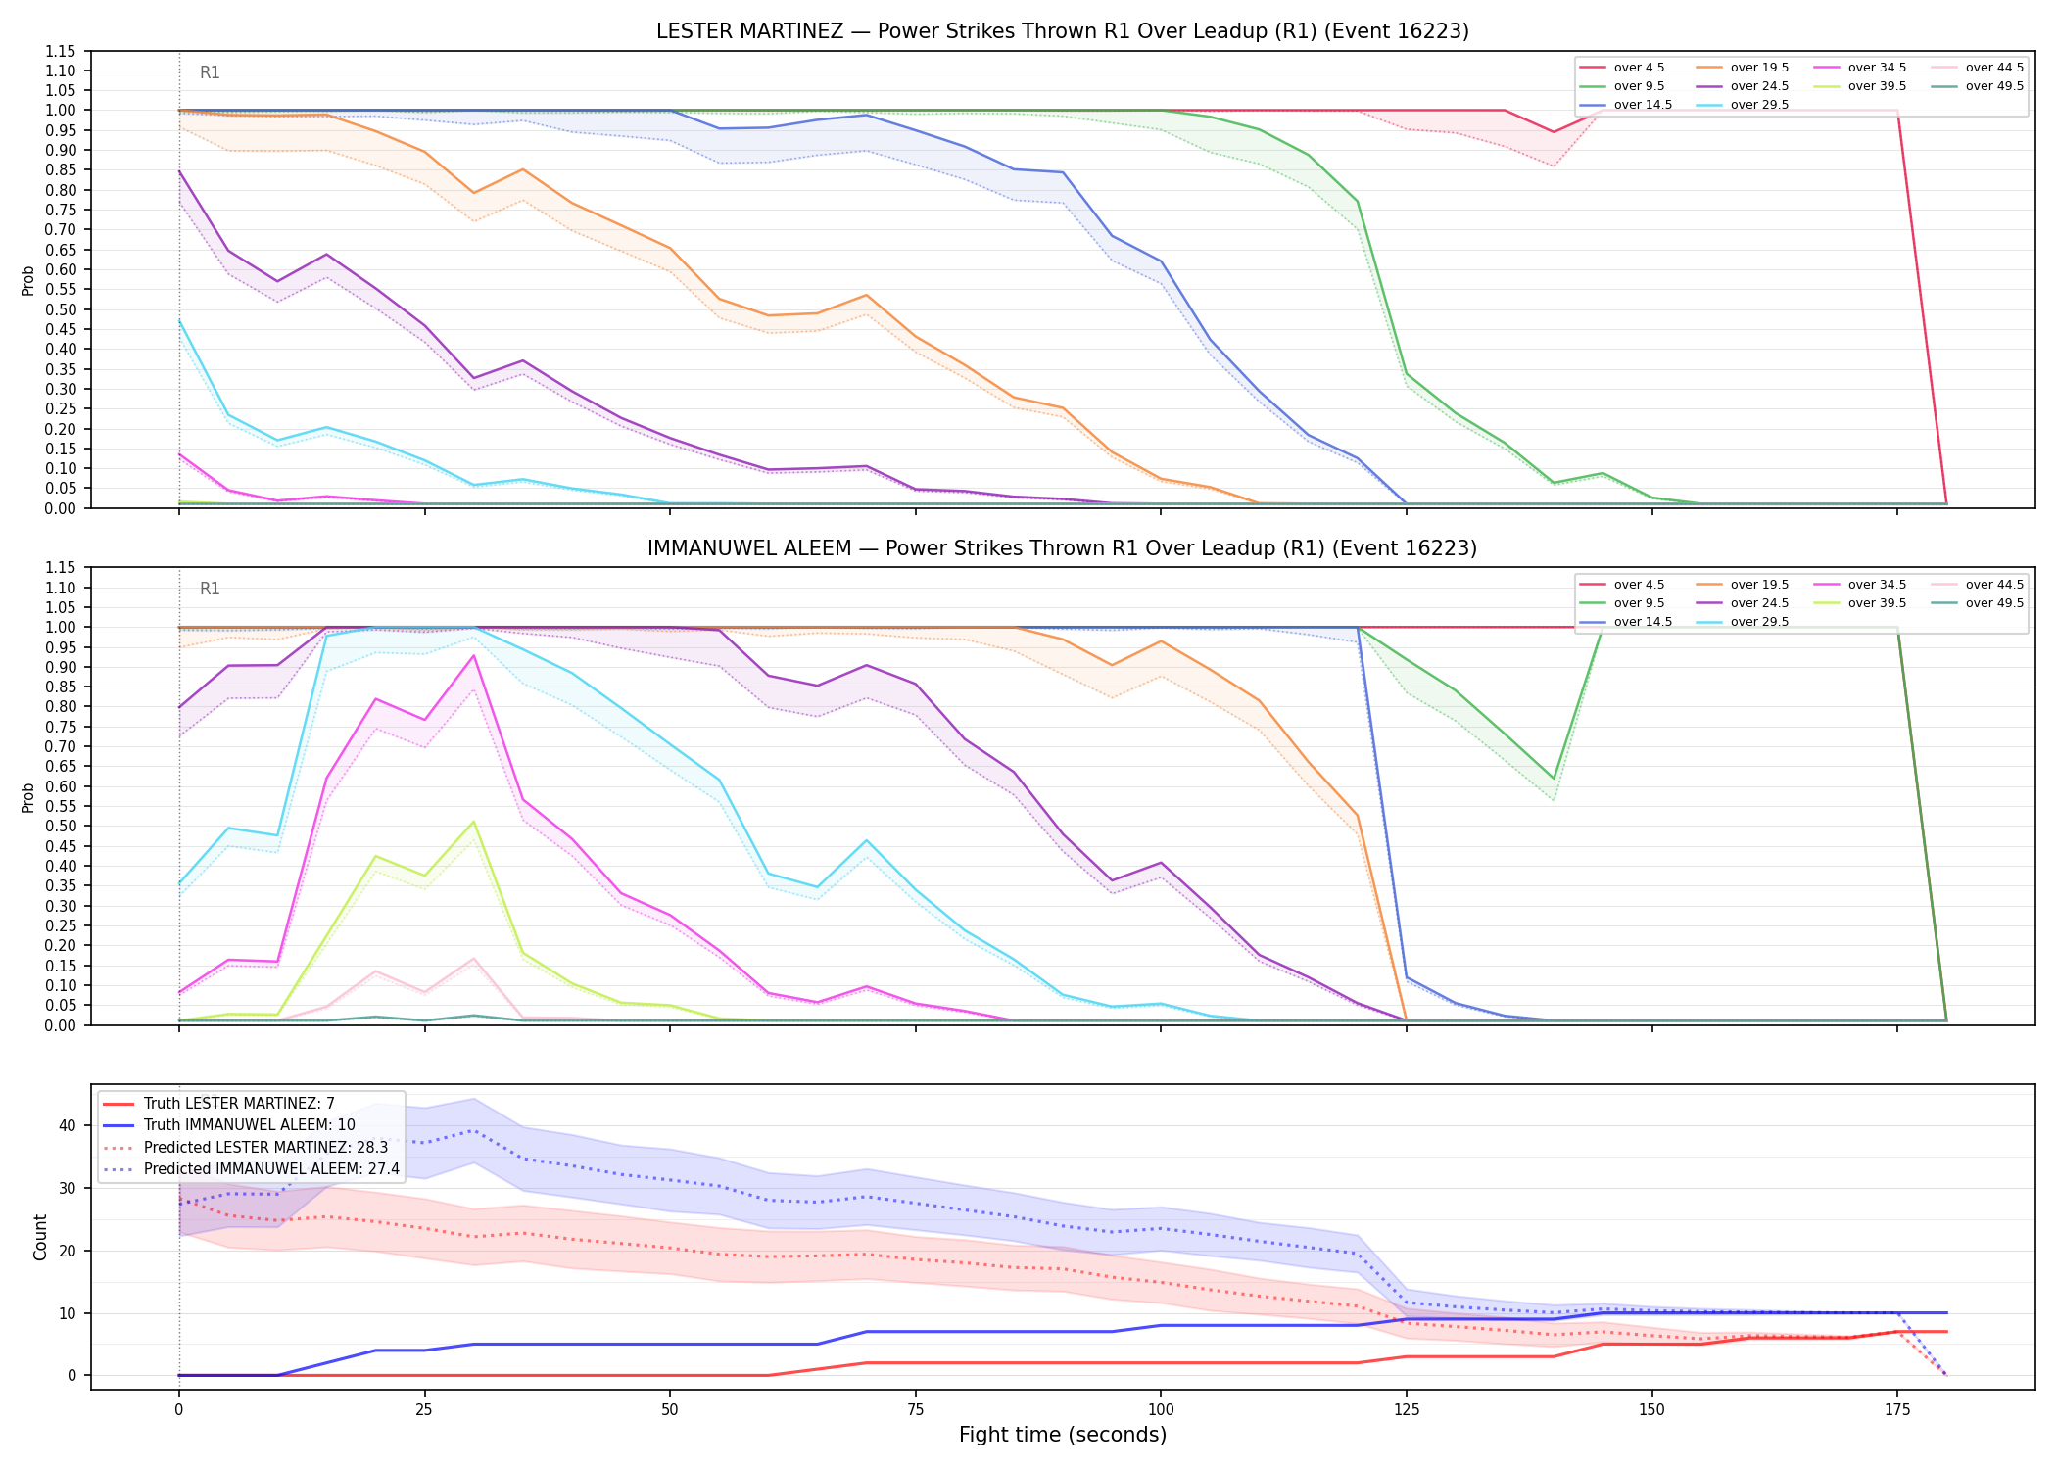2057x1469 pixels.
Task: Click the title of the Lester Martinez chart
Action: (x=1063, y=31)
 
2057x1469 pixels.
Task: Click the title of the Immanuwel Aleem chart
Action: (x=1063, y=548)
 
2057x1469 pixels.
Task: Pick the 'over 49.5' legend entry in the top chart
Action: (x=1978, y=86)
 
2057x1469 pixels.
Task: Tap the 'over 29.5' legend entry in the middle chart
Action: (x=1743, y=622)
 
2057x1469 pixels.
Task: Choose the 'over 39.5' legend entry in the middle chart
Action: (x=1860, y=603)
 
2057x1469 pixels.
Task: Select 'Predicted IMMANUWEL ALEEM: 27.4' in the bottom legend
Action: (x=252, y=1169)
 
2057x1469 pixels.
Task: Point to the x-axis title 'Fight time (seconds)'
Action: (x=1063, y=1435)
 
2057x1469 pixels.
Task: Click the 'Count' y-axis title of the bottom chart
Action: (x=40, y=1237)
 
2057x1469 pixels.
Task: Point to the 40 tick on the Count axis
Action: (x=67, y=1125)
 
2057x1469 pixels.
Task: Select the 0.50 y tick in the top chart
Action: (x=62, y=309)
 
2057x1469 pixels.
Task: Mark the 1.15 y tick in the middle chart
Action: (x=62, y=568)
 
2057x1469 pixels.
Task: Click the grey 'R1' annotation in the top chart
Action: (x=210, y=72)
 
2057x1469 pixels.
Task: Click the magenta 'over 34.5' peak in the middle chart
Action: (x=474, y=655)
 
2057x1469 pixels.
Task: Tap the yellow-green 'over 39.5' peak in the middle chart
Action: (x=474, y=822)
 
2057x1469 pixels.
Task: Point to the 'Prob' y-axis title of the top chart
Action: (x=28, y=281)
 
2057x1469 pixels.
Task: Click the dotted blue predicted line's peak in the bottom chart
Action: (x=474, y=1131)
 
